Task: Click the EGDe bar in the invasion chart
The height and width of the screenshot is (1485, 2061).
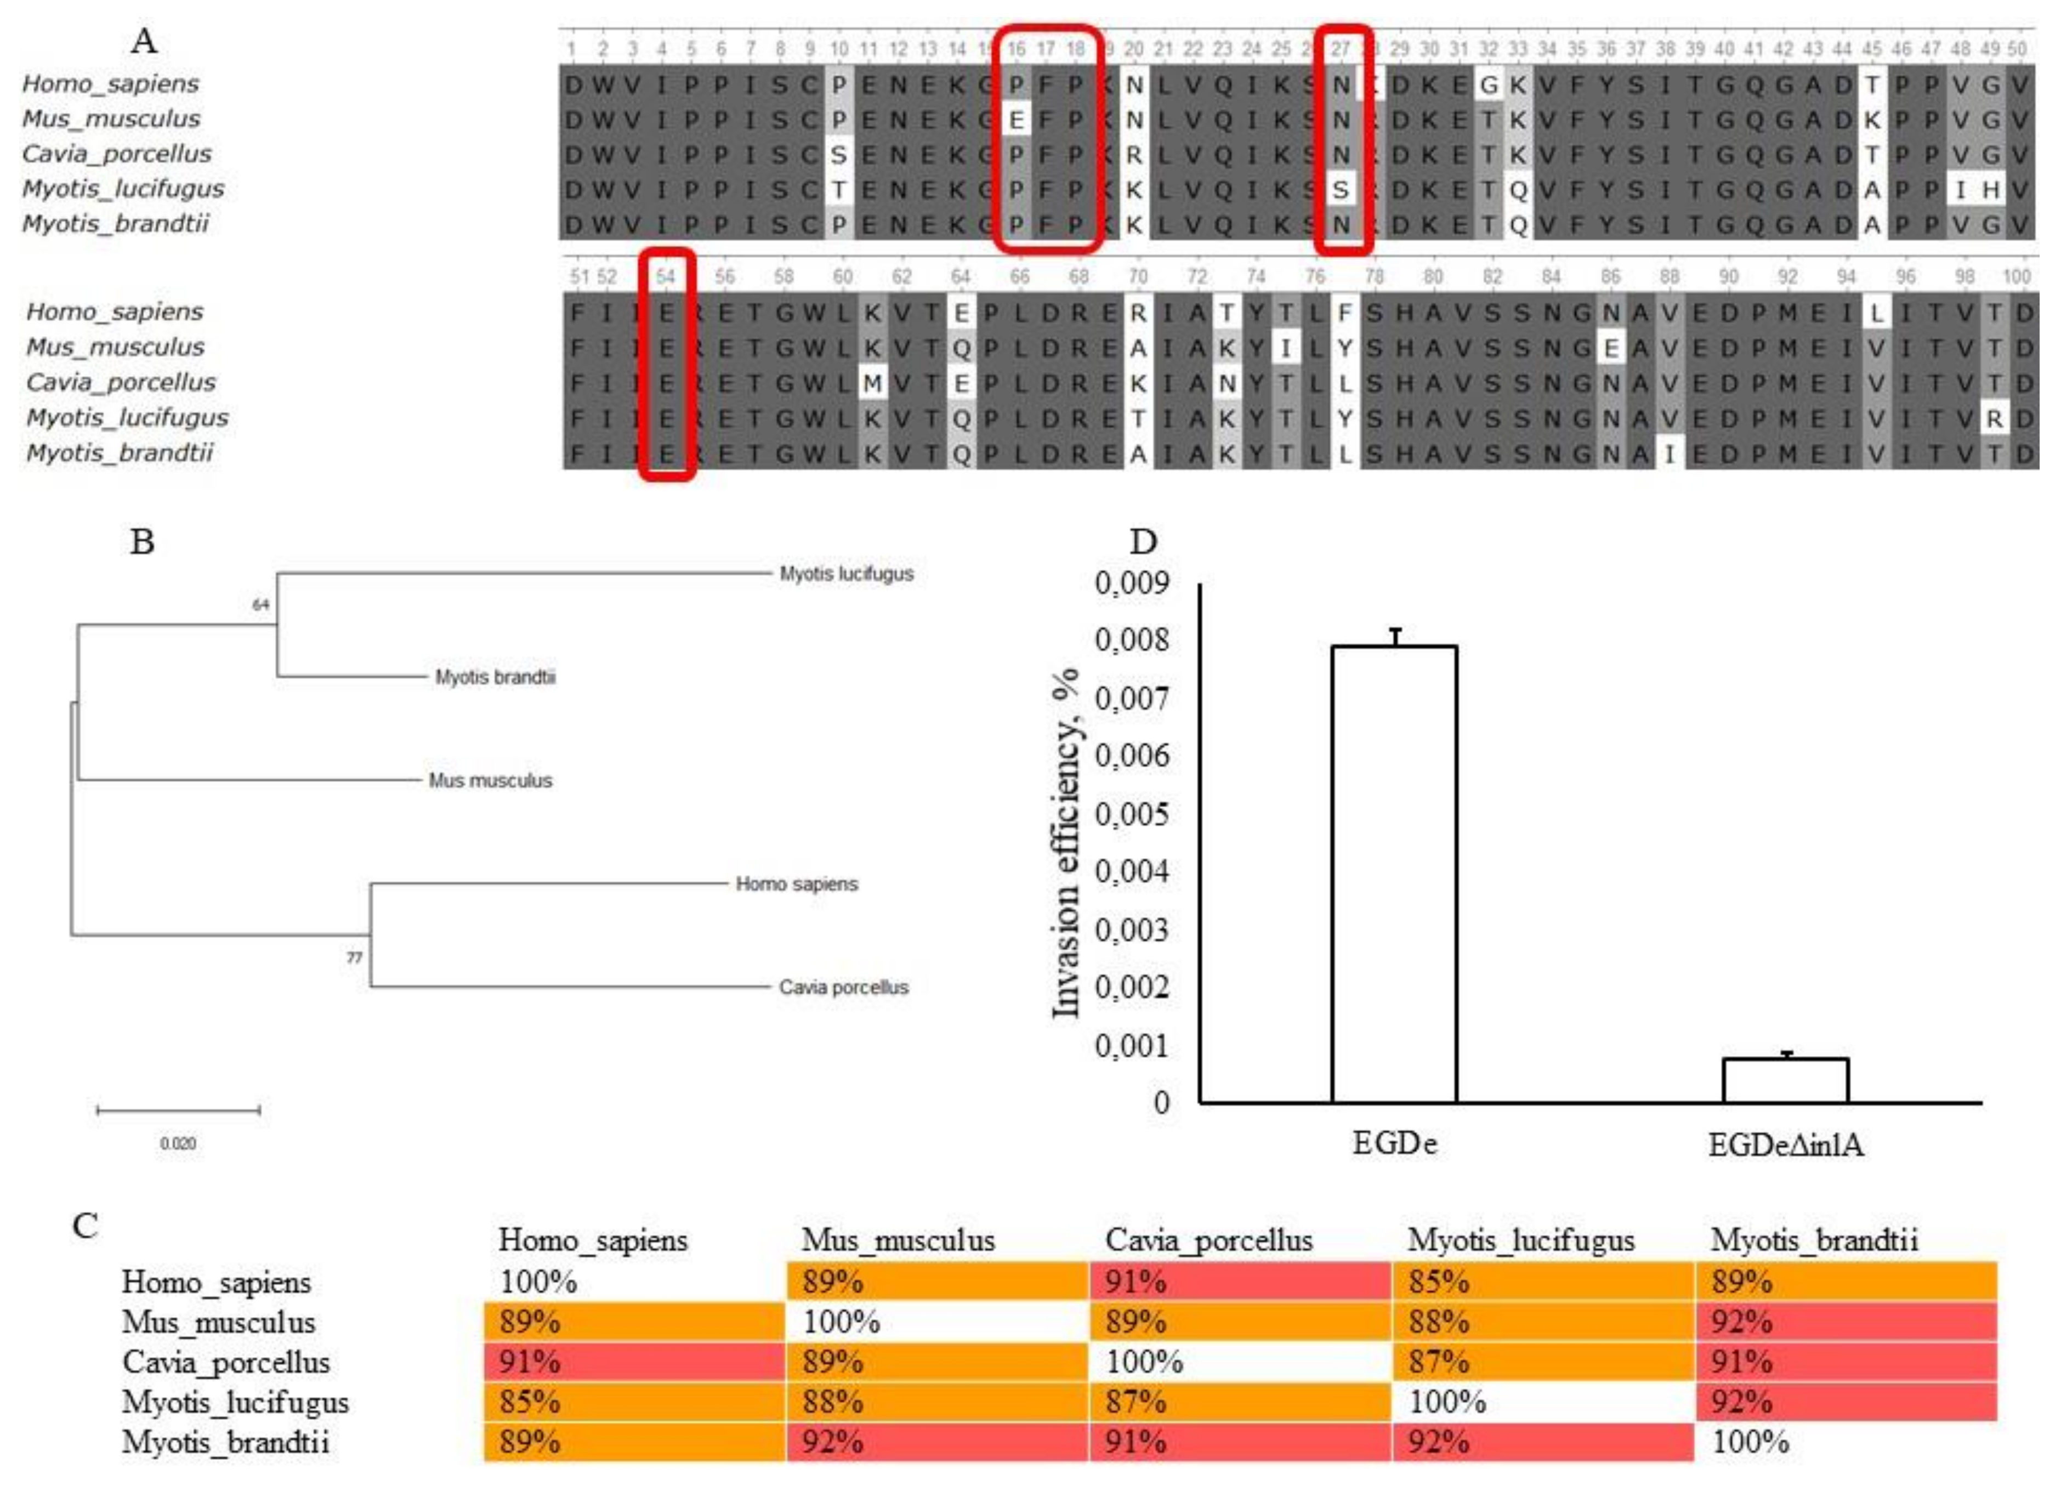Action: pyautogui.click(x=1393, y=874)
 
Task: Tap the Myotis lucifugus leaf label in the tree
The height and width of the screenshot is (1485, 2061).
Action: pyautogui.click(x=846, y=574)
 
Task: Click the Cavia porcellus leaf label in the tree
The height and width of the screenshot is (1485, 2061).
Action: pyautogui.click(x=843, y=987)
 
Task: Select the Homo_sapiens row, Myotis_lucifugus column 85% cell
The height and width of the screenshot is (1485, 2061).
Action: pyautogui.click(x=1542, y=1282)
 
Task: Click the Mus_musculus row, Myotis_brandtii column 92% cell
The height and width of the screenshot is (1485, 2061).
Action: pyautogui.click(x=1845, y=1322)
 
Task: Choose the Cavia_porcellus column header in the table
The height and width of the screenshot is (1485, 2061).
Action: pyautogui.click(x=1208, y=1240)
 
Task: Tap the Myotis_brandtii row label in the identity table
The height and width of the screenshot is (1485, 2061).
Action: pyautogui.click(x=225, y=1442)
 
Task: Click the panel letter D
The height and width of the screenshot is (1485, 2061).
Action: pyautogui.click(x=1142, y=542)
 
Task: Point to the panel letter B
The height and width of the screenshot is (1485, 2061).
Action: pyautogui.click(x=142, y=542)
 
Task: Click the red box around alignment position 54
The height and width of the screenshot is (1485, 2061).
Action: pyautogui.click(x=666, y=364)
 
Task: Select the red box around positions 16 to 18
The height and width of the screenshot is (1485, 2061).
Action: pyautogui.click(x=1047, y=138)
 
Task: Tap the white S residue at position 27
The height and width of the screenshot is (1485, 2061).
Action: pyautogui.click(x=1341, y=189)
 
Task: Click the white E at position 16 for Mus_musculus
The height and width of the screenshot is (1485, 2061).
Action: pyautogui.click(x=1016, y=119)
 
